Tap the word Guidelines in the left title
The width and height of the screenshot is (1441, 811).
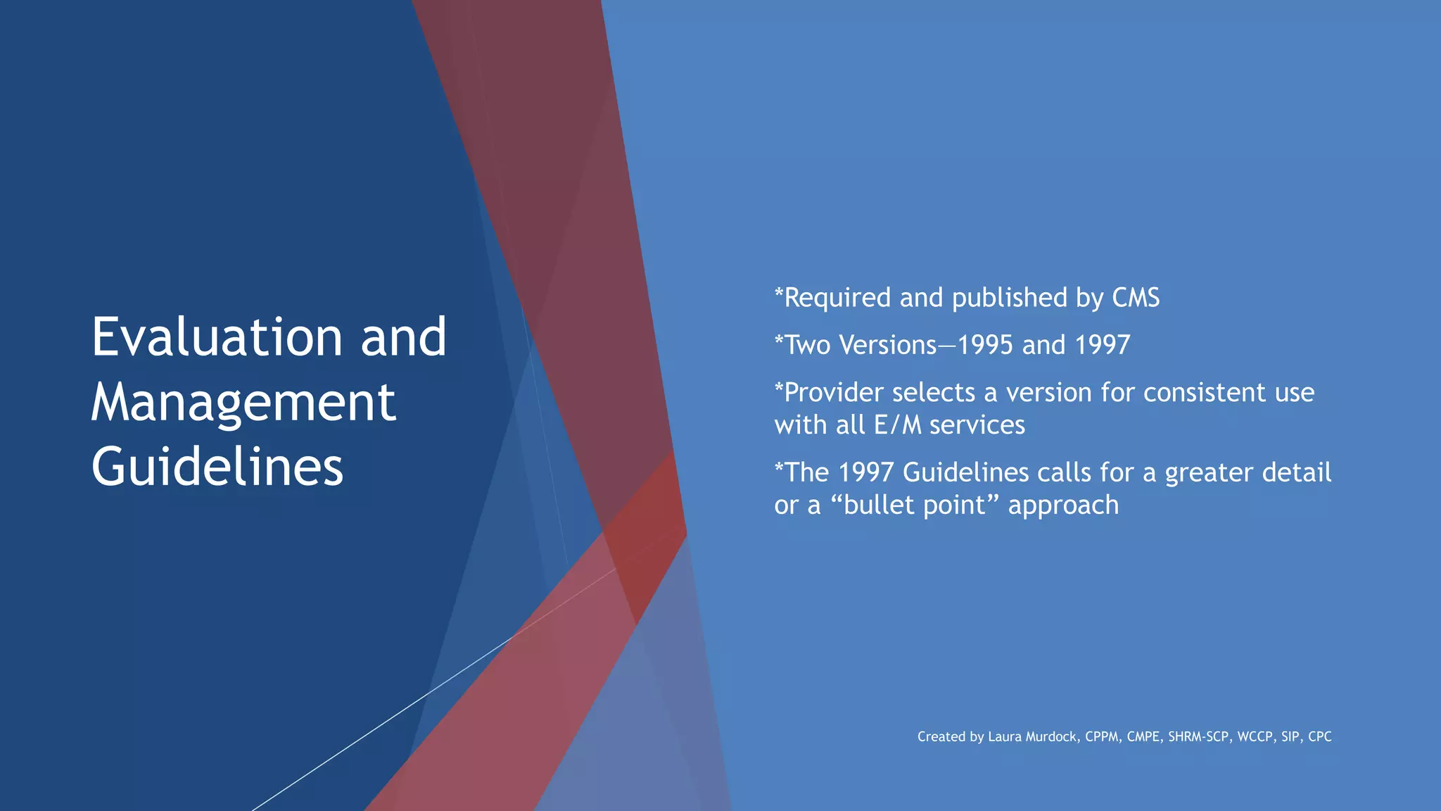pyautogui.click(x=217, y=467)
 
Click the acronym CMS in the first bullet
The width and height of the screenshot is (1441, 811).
pyautogui.click(x=1136, y=298)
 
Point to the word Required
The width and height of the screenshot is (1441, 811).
pyautogui.click(x=837, y=298)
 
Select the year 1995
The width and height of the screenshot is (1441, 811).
pyautogui.click(x=985, y=345)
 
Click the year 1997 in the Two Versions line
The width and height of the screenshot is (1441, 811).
pyautogui.click(x=1103, y=345)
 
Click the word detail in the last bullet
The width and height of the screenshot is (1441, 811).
pyautogui.click(x=1296, y=472)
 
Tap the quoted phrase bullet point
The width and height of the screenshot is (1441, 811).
pyautogui.click(x=919, y=505)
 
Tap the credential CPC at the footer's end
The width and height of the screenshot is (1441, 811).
pyautogui.click(x=1319, y=736)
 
